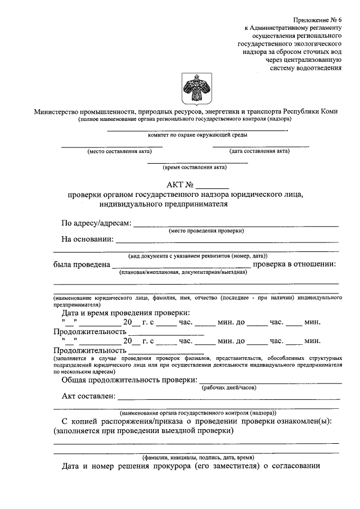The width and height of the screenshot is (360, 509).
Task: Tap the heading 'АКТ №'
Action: [180, 184]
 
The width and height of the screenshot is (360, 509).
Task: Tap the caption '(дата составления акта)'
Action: [259, 151]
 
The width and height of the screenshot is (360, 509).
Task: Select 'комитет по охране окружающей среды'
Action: [197, 135]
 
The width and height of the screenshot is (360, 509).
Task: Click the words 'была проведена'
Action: [81, 264]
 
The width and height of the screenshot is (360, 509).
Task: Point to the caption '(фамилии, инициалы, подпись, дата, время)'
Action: [197, 457]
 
